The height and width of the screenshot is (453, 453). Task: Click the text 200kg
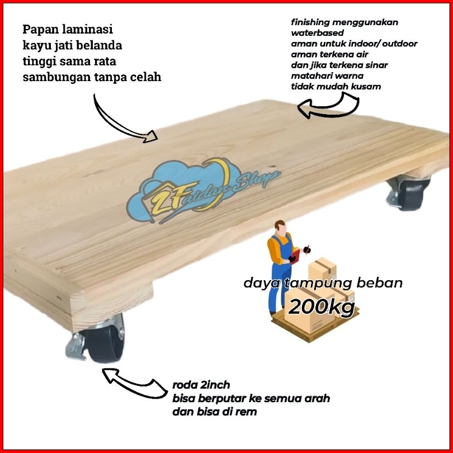(x=321, y=306)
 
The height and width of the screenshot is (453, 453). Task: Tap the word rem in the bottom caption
(x=248, y=412)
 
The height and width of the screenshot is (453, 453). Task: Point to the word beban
(x=380, y=283)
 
